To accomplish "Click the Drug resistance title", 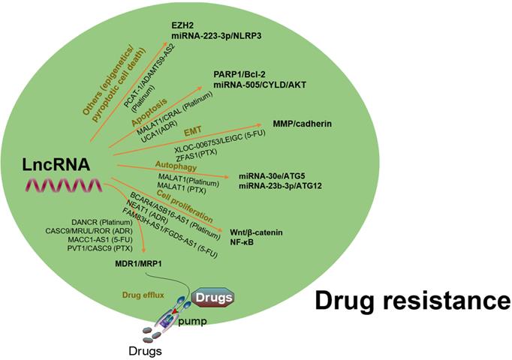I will click(411, 301).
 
